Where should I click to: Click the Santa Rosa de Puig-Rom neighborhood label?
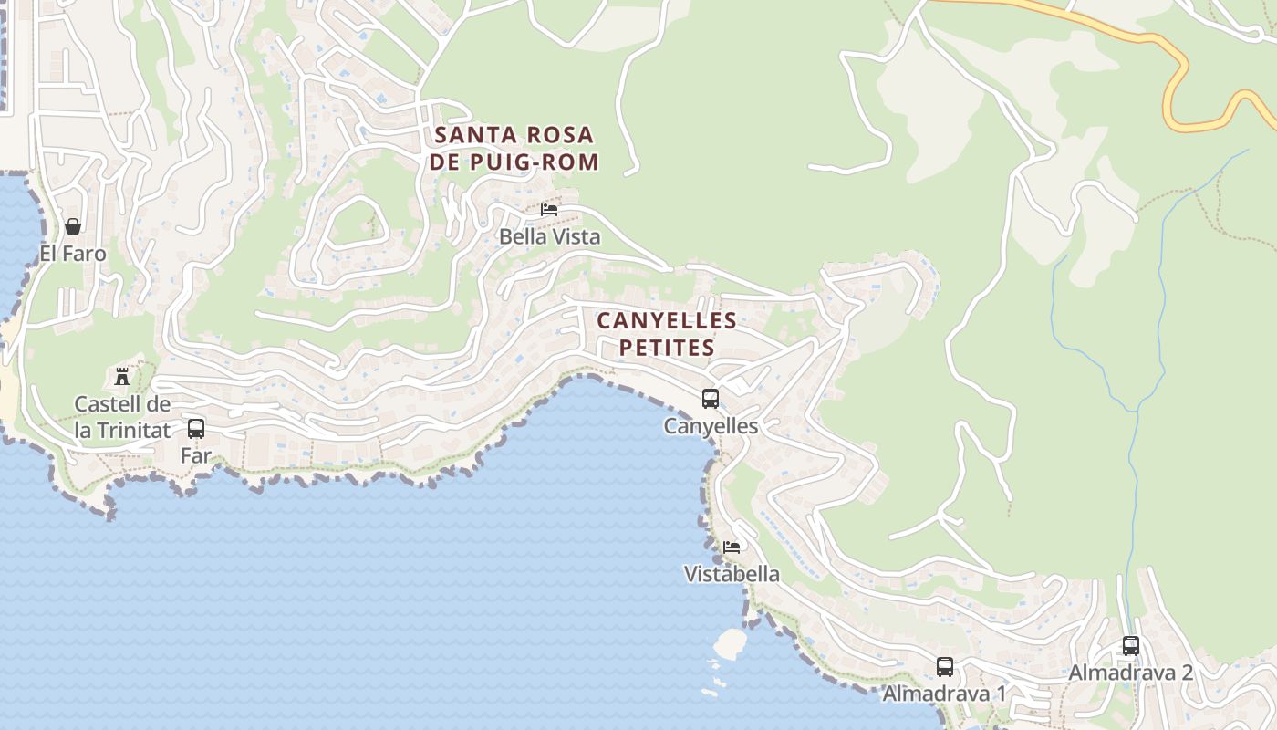[x=515, y=149]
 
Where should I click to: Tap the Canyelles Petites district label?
[x=666, y=334]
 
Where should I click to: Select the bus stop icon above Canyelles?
[x=710, y=399]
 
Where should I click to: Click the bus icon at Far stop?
[x=195, y=428]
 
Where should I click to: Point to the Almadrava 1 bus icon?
[x=944, y=667]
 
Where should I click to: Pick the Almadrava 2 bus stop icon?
[x=1130, y=646]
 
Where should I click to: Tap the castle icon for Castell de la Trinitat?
[x=121, y=376]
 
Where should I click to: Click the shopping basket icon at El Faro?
[x=73, y=226]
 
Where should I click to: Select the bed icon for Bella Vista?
[x=549, y=210]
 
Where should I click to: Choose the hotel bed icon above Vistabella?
[x=732, y=547]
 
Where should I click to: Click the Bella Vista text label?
[x=549, y=237]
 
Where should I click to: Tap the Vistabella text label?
[x=732, y=574]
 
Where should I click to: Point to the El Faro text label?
[x=73, y=254]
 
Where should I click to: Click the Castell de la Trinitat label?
[x=121, y=416]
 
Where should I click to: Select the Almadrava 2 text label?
[x=1130, y=673]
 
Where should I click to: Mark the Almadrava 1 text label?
[x=944, y=693]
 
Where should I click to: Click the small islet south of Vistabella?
[x=730, y=643]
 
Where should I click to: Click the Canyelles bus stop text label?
[x=710, y=426]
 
